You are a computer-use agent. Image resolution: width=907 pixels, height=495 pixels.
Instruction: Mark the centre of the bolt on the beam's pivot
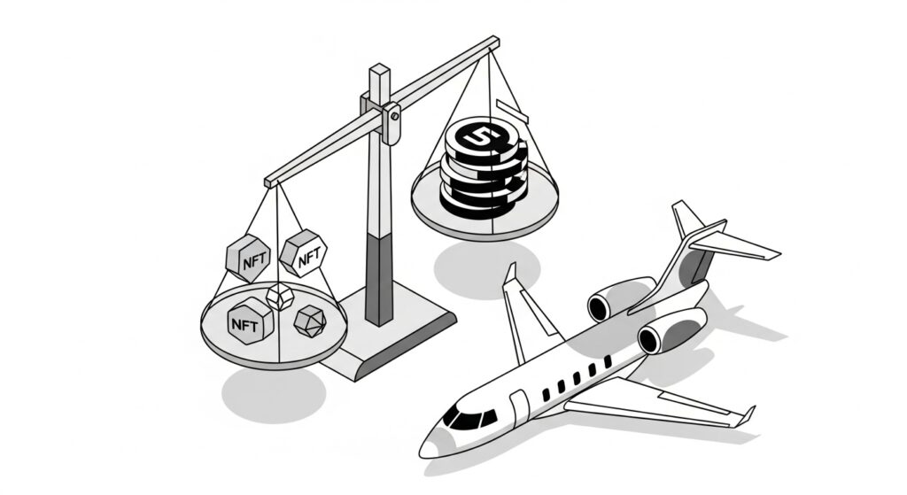tap(394, 116)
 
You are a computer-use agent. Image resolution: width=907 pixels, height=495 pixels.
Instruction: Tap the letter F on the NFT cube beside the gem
tap(244, 324)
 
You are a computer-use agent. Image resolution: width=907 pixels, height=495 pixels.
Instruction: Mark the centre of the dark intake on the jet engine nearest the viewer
tap(648, 340)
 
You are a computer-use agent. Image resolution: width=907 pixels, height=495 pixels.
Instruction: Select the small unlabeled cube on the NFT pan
tap(280, 297)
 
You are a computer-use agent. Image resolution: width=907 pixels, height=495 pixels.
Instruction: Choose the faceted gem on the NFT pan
tap(310, 321)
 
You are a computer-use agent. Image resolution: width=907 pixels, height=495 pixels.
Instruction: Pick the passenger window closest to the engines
tap(608, 361)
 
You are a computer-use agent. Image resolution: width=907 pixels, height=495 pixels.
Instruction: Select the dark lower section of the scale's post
tap(379, 280)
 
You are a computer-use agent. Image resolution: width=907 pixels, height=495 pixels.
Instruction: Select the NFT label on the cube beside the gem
tap(244, 324)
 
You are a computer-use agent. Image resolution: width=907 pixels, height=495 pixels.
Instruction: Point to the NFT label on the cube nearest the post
tap(308, 256)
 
